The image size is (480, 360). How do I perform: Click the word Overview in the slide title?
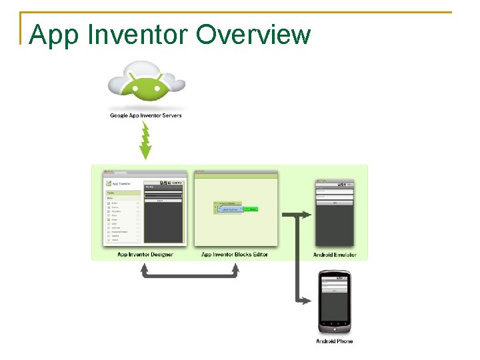[254, 34]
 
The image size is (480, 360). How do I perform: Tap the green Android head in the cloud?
[146, 85]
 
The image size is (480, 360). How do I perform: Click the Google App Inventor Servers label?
[146, 115]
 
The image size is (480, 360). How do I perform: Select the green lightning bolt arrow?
[146, 140]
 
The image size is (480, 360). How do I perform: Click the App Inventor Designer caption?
[145, 255]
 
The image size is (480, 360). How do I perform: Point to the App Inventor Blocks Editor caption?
[235, 255]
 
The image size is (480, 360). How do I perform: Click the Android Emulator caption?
[335, 255]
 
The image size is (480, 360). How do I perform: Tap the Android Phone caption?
[335, 341]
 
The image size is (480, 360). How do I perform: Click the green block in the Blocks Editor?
[251, 209]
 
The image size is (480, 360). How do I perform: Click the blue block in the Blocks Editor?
[231, 209]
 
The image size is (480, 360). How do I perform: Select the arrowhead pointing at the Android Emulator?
[307, 215]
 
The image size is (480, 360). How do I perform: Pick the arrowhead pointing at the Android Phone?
[307, 301]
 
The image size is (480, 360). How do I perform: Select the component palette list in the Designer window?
[123, 220]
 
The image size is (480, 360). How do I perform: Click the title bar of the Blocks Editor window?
[235, 173]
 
